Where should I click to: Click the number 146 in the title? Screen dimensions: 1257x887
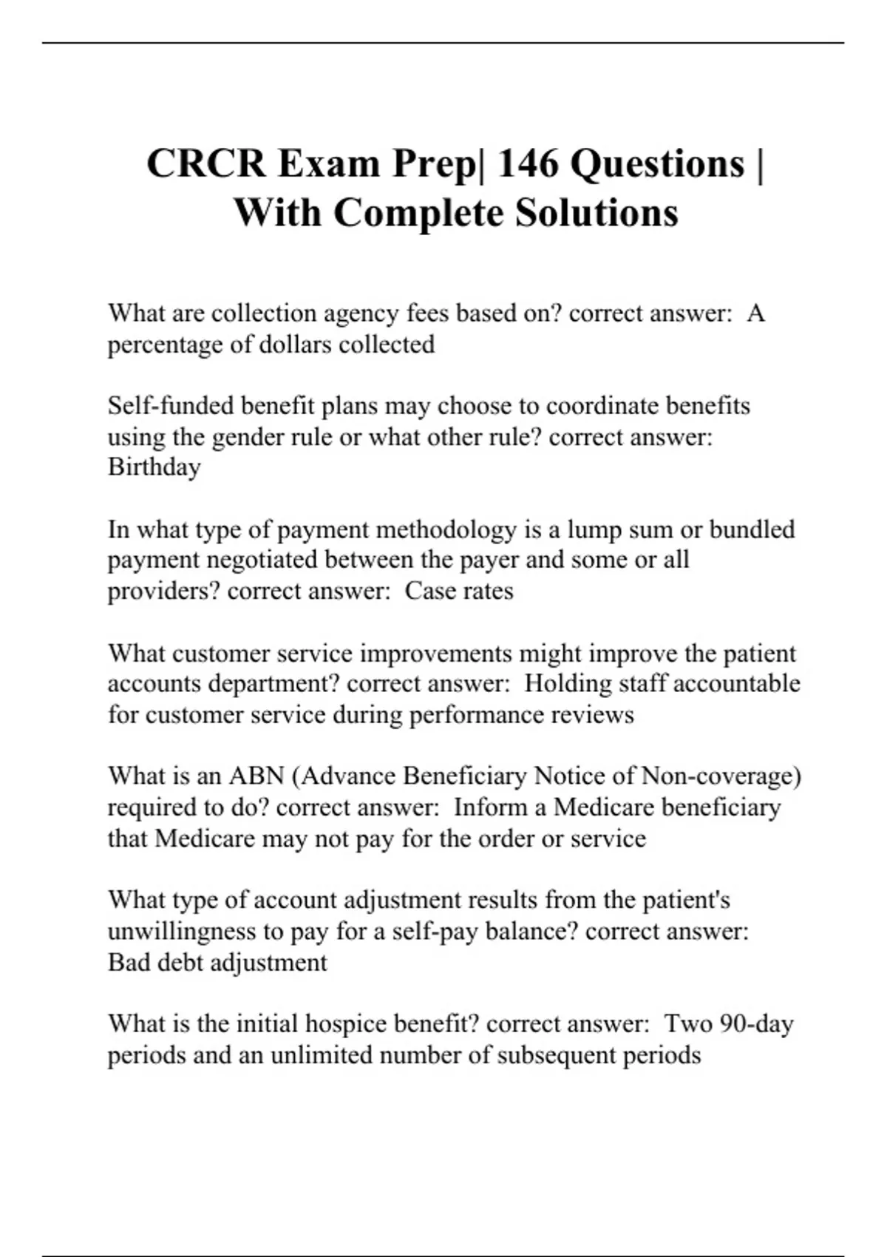[x=527, y=163]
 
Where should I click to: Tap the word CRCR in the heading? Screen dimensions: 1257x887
[x=206, y=163]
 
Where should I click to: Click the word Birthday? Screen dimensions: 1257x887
[x=154, y=467]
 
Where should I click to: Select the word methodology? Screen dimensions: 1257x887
[x=446, y=529]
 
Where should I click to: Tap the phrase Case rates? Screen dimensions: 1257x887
[x=459, y=592]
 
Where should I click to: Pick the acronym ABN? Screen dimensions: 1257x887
[x=256, y=776]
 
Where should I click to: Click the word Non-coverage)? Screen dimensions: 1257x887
[x=721, y=776]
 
